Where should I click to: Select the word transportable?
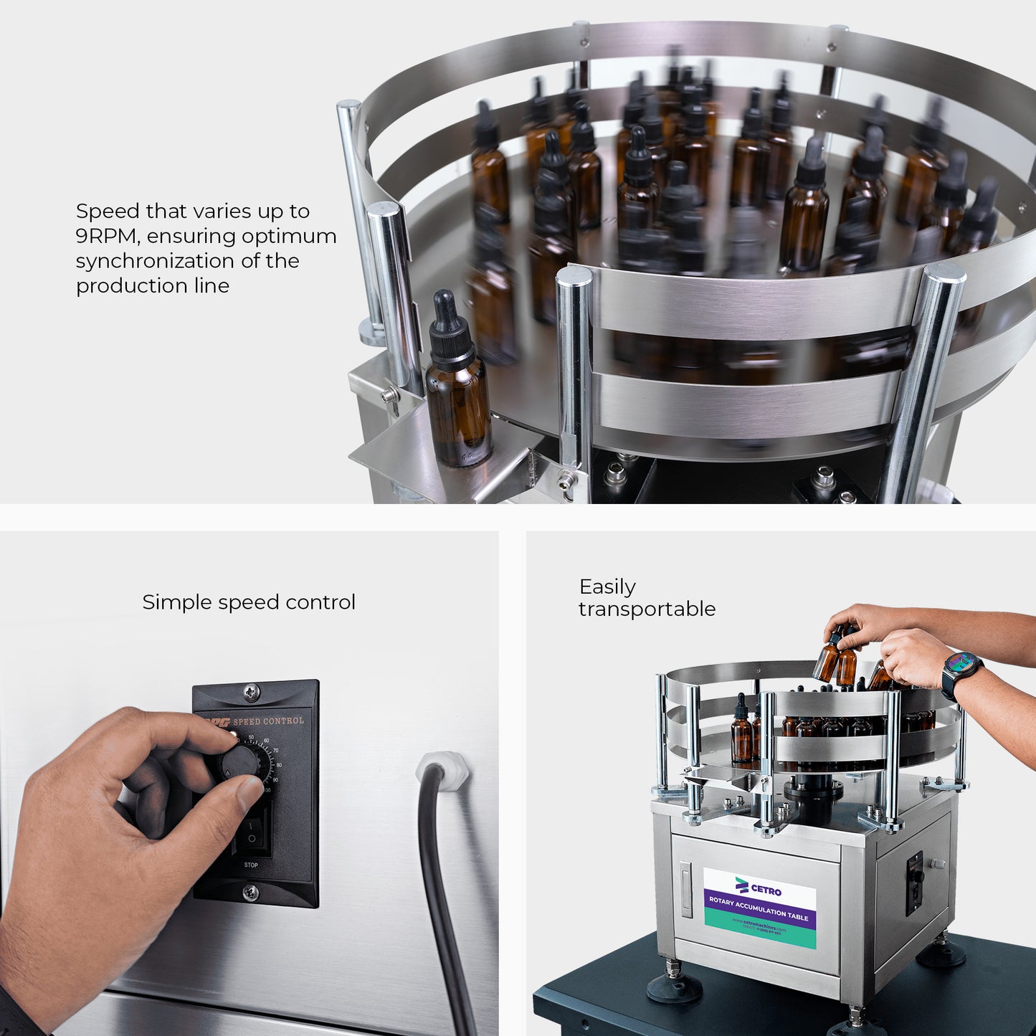(x=647, y=609)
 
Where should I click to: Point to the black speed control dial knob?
(x=239, y=761)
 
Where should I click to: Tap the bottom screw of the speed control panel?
(x=251, y=893)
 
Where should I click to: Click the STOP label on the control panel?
(x=251, y=865)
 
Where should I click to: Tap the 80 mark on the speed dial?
(x=278, y=765)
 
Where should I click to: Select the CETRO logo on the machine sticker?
(x=759, y=887)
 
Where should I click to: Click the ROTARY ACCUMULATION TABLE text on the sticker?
(x=759, y=908)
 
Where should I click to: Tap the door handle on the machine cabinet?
(x=687, y=889)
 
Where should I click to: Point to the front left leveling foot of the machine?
(x=673, y=987)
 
